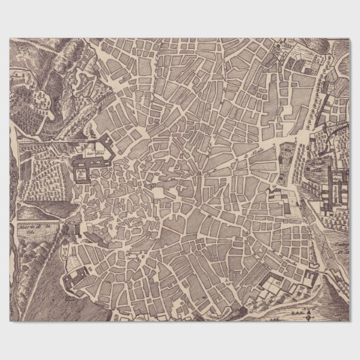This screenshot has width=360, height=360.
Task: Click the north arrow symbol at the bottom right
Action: click(308, 314)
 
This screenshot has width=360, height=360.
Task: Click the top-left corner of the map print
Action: click(10, 39)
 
